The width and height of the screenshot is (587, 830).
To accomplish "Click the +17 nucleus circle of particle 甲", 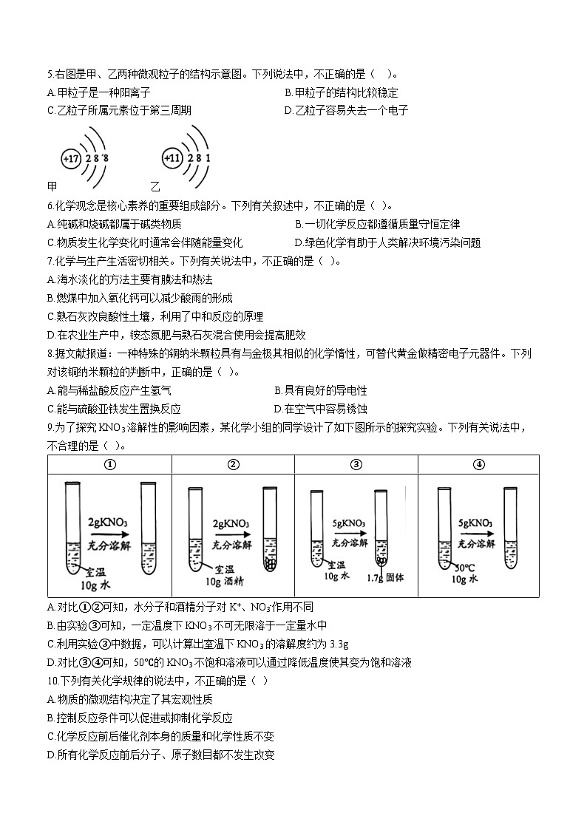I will [71, 159].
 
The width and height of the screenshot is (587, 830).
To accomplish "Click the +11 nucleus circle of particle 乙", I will [172, 158].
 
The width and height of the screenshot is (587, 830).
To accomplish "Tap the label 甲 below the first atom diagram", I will [52, 186].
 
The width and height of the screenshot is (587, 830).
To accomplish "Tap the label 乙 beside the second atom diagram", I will [155, 186].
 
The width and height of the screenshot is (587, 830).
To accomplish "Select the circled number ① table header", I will [110, 464].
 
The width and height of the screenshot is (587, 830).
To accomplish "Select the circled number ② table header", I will [233, 464].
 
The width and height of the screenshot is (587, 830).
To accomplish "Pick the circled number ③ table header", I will [356, 464].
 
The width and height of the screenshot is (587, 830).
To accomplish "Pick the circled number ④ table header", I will [479, 464].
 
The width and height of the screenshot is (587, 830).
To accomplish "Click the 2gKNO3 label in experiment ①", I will [108, 521].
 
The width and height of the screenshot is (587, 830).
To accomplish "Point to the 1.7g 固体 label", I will [383, 578].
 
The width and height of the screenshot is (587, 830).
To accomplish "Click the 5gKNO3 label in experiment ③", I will [349, 523].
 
